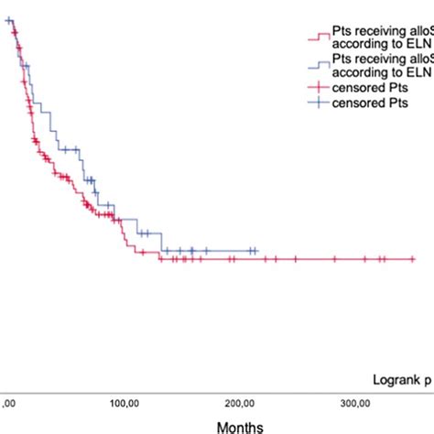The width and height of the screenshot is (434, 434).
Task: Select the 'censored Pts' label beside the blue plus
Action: coord(366,103)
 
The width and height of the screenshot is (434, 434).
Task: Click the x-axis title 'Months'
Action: coord(240,427)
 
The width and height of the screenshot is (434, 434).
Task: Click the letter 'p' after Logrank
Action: coord(427,377)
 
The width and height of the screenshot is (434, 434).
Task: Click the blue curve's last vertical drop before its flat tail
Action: coord(162,242)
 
